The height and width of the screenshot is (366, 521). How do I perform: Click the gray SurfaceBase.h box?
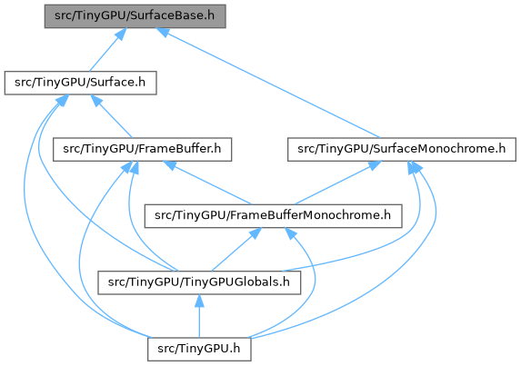135,16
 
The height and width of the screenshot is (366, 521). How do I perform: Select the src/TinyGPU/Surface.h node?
80,83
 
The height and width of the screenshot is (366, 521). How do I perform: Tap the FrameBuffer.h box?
142,149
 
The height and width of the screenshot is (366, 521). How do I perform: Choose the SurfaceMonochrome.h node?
401,149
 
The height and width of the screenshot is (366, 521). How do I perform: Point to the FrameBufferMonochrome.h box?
273,216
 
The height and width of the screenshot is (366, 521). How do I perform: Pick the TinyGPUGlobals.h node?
199,282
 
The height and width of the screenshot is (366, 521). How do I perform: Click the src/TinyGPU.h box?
199,349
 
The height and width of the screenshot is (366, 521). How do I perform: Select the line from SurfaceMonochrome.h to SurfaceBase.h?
268,83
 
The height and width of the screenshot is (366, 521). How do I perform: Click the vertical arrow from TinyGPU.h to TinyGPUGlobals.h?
199,316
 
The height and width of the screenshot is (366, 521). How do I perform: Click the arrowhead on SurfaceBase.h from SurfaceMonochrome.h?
163,31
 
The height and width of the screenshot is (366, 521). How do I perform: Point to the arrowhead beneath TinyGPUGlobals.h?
199,301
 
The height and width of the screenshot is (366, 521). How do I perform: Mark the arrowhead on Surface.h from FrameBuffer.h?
96,101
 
